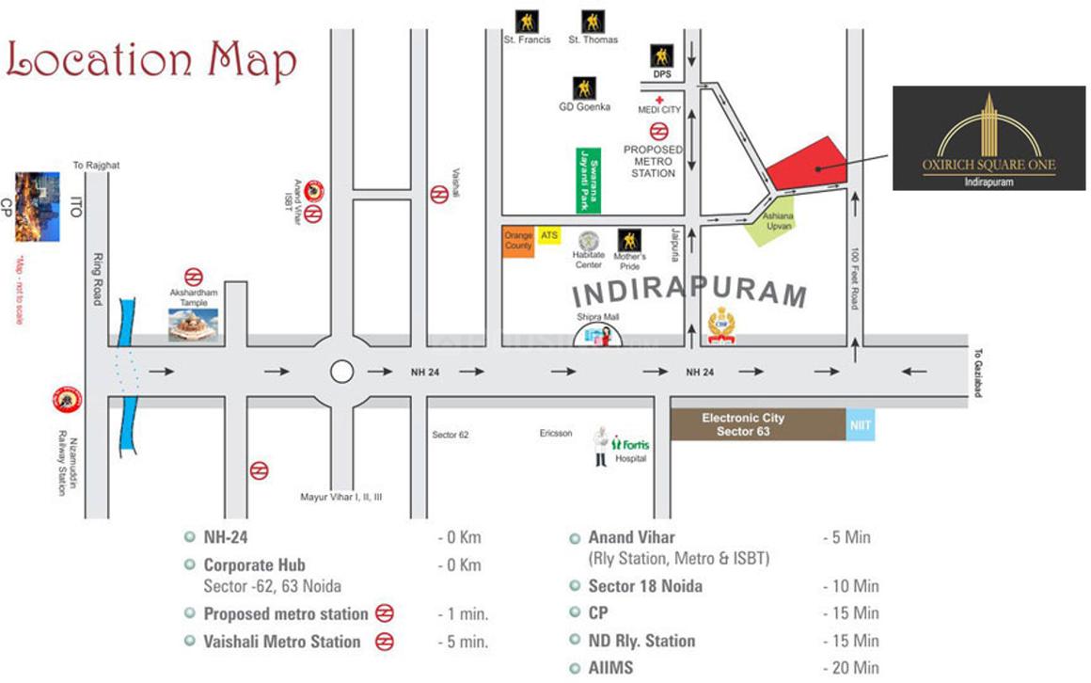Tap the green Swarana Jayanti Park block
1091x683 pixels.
(x=589, y=179)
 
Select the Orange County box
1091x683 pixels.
(x=518, y=243)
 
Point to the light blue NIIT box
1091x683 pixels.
(x=861, y=425)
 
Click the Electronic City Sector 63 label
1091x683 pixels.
(x=743, y=424)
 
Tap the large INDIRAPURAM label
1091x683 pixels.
(x=689, y=293)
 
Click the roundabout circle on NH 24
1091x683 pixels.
(x=342, y=372)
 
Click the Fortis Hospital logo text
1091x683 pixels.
(x=631, y=445)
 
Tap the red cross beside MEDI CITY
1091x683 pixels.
(x=660, y=99)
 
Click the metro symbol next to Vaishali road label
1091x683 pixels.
(x=438, y=195)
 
